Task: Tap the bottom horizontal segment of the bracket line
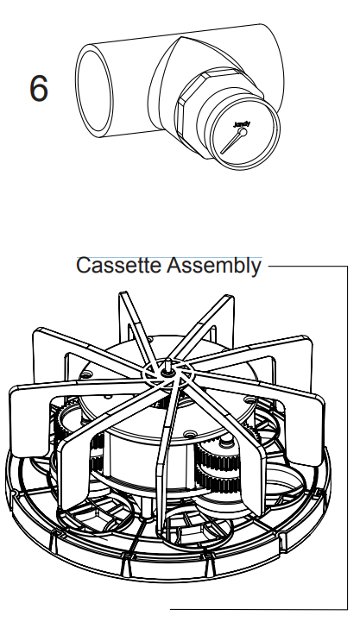coord(259,610)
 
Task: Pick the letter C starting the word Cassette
coord(83,266)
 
